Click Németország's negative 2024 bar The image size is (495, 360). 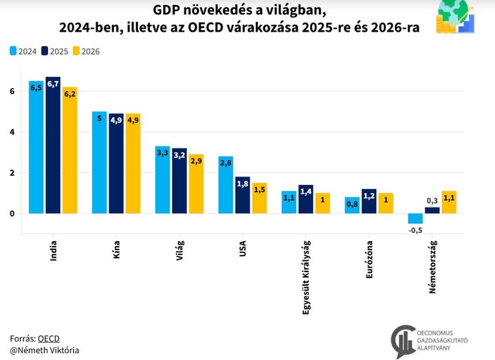415,218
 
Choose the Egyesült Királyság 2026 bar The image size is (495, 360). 323,203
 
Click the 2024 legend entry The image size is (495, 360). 24,50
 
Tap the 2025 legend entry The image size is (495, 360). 55,50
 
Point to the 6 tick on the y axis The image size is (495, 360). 12,91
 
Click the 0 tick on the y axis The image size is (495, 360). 12,214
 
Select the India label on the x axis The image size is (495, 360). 54,252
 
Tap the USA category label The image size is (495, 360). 243,249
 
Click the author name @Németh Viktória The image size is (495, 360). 45,350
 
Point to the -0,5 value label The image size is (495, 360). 415,230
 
